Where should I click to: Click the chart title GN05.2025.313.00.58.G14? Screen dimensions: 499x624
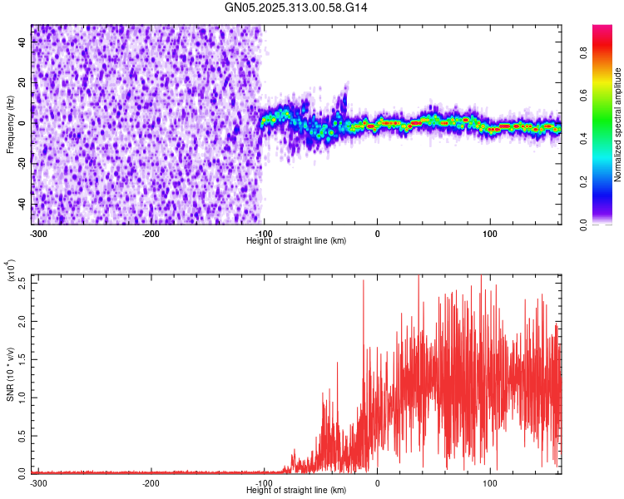pyautogui.click(x=296, y=7)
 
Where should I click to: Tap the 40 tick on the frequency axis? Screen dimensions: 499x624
pyautogui.click(x=23, y=42)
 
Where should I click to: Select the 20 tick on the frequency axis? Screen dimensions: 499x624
pyautogui.click(x=23, y=83)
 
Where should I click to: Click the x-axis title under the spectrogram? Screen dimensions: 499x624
pyautogui.click(x=296, y=240)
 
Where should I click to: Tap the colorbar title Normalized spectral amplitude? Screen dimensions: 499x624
pyautogui.click(x=618, y=125)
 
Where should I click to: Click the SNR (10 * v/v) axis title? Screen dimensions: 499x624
pyautogui.click(x=10, y=374)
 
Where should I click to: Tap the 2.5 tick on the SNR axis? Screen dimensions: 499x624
pyautogui.click(x=22, y=282)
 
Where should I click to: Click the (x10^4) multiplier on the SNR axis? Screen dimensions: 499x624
pyautogui.click(x=11, y=270)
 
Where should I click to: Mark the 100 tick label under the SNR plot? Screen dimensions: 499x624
pyautogui.click(x=490, y=482)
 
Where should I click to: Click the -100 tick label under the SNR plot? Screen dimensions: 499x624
pyautogui.click(x=264, y=482)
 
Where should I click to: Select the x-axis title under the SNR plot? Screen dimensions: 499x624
pyautogui.click(x=296, y=490)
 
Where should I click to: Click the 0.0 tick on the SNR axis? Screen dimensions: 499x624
pyautogui.click(x=22, y=472)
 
